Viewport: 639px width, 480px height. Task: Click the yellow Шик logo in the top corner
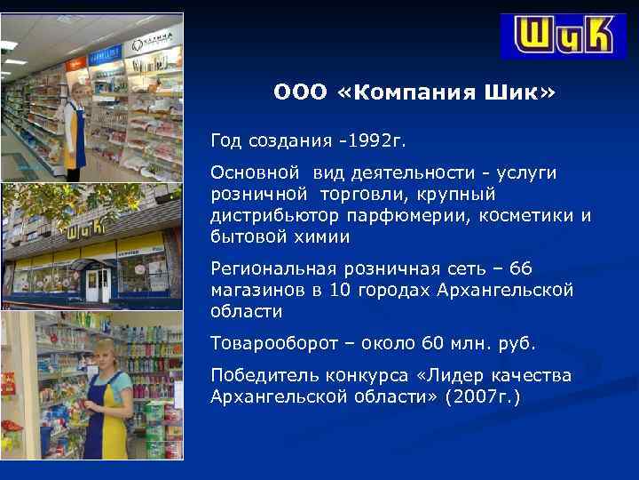[x=562, y=37]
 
